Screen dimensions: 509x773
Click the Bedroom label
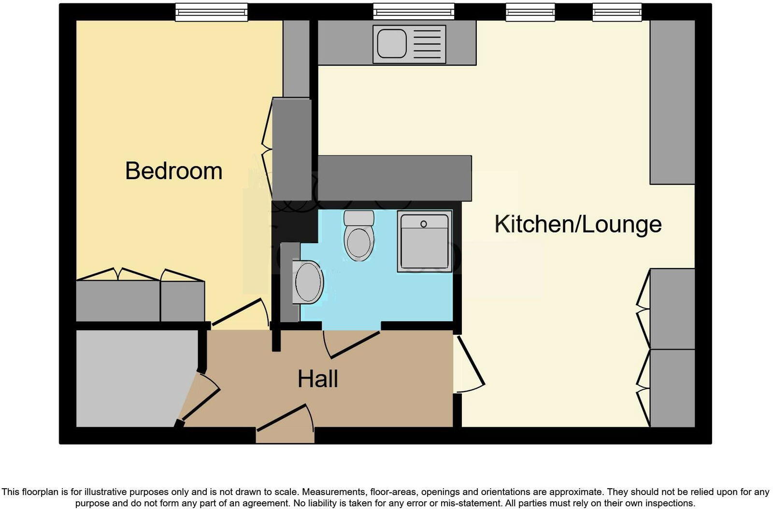(173, 171)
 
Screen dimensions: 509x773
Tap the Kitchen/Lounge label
(578, 224)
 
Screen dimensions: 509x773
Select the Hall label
(317, 379)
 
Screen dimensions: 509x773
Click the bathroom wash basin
(308, 283)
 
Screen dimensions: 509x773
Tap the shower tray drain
(424, 224)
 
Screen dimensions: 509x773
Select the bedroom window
(212, 12)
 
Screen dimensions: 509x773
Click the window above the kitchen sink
(414, 12)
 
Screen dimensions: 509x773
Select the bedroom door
(240, 313)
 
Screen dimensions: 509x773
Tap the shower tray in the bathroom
(425, 241)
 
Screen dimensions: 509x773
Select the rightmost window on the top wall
(617, 12)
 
